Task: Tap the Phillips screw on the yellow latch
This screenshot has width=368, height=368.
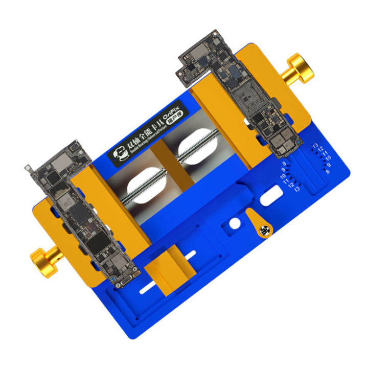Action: click(265, 231)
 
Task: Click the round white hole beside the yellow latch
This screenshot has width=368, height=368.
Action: click(234, 224)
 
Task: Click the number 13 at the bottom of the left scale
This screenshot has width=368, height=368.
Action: click(296, 189)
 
